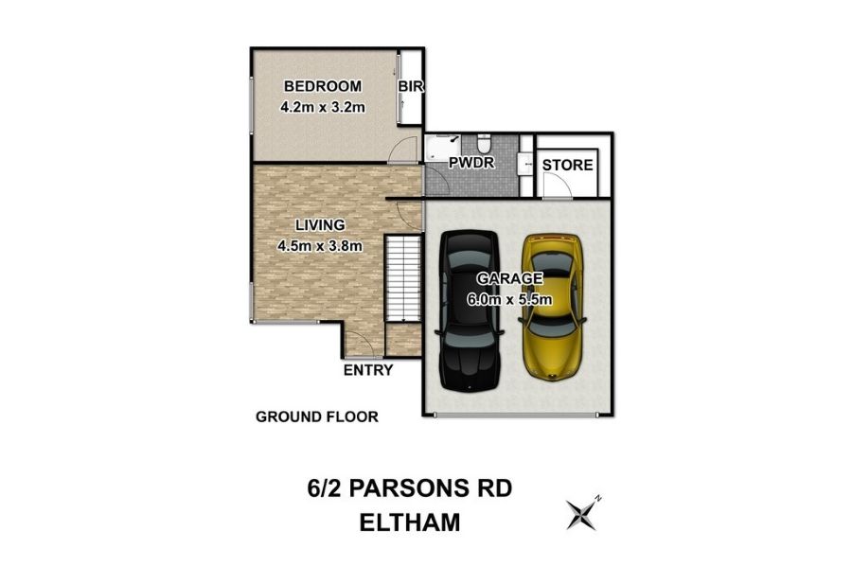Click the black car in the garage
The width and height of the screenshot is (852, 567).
pyautogui.click(x=470, y=311)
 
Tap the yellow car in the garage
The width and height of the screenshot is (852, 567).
pyautogui.click(x=552, y=307)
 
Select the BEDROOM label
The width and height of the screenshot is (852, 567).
pyautogui.click(x=323, y=86)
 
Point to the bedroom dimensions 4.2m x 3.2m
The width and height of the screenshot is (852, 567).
pyautogui.click(x=323, y=107)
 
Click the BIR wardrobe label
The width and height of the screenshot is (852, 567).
pyautogui.click(x=410, y=86)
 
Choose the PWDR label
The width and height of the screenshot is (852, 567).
pyautogui.click(x=471, y=163)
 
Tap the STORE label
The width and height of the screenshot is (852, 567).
pyautogui.click(x=567, y=165)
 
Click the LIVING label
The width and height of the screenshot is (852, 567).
pyautogui.click(x=320, y=225)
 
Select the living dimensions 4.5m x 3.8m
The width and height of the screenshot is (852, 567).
pyautogui.click(x=320, y=246)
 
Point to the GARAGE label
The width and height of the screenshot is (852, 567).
pyautogui.click(x=509, y=278)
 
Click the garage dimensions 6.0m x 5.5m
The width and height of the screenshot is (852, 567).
pyautogui.click(x=509, y=299)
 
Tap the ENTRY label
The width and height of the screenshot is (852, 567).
pyautogui.click(x=368, y=370)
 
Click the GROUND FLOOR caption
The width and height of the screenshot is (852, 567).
pyautogui.click(x=317, y=417)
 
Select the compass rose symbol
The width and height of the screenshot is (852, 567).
pyautogui.click(x=582, y=513)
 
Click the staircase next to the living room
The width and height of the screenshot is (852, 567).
pyautogui.click(x=403, y=279)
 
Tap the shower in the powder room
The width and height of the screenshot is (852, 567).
pyautogui.click(x=442, y=149)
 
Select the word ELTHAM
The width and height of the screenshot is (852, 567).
pyautogui.click(x=410, y=523)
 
